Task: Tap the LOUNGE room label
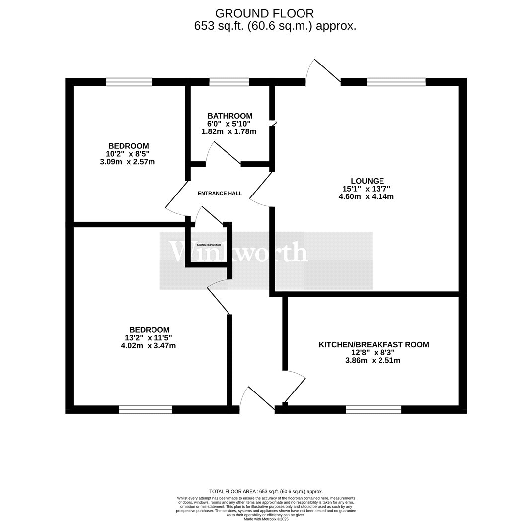click(367, 181)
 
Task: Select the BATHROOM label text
click(229, 116)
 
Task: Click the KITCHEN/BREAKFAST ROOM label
click(374, 344)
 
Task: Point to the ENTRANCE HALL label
click(220, 193)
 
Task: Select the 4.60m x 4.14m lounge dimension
click(367, 196)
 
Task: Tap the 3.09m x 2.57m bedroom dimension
click(129, 162)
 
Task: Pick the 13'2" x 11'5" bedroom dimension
click(149, 338)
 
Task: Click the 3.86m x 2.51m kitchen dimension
click(374, 360)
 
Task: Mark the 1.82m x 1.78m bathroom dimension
click(229, 131)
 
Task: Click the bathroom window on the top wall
click(229, 82)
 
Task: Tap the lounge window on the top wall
click(396, 82)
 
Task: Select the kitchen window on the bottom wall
click(374, 409)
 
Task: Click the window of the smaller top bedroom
click(129, 82)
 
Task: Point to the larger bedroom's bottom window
click(146, 409)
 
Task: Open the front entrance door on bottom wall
click(257, 400)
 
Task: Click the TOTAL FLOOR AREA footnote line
click(266, 491)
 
